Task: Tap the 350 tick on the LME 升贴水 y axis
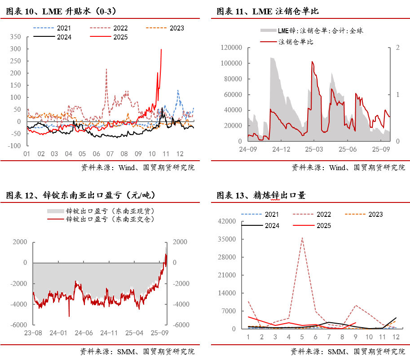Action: [15, 37]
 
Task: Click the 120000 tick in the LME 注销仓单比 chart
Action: [233, 48]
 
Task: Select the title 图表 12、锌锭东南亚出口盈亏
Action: [80, 195]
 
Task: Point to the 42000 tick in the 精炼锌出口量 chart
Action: [226, 221]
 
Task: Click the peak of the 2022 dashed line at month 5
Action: [302, 238]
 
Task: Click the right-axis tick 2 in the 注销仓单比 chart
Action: [397, 48]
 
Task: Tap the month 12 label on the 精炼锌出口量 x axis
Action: [395, 337]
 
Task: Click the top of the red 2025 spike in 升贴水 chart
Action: [161, 49]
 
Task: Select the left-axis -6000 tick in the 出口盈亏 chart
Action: [18, 325]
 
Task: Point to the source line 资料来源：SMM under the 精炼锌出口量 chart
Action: [348, 351]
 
